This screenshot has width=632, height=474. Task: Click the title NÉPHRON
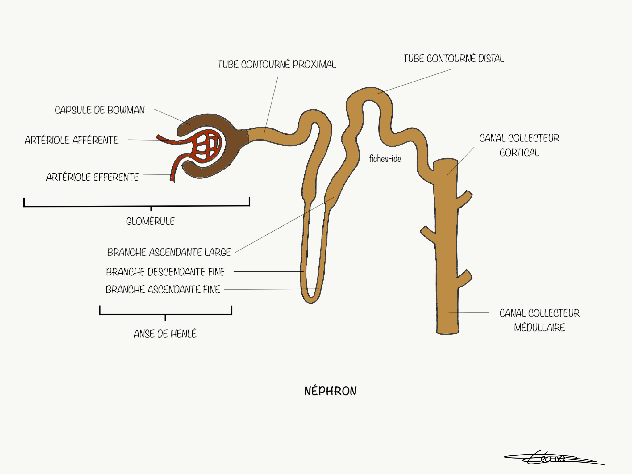330,391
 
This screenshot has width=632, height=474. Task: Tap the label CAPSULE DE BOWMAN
100,110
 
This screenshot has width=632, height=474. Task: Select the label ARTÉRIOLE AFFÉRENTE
72,140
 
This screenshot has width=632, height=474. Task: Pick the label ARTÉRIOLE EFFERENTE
92,177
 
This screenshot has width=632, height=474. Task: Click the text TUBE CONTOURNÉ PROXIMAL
276,65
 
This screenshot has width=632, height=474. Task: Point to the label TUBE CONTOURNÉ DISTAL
453,59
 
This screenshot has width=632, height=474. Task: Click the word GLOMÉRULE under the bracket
150,221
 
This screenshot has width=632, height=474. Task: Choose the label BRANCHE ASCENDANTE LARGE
169,252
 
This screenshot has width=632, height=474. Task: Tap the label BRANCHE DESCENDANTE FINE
165,272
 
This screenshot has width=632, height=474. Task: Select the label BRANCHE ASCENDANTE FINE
163,290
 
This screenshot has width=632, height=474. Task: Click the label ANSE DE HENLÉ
165,334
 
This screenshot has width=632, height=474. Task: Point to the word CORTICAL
519,153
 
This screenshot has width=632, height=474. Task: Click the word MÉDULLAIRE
539,327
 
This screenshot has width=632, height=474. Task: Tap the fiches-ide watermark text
385,159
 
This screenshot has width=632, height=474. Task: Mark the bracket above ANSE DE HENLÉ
165,314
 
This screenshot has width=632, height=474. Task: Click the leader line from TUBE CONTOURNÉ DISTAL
415,81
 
